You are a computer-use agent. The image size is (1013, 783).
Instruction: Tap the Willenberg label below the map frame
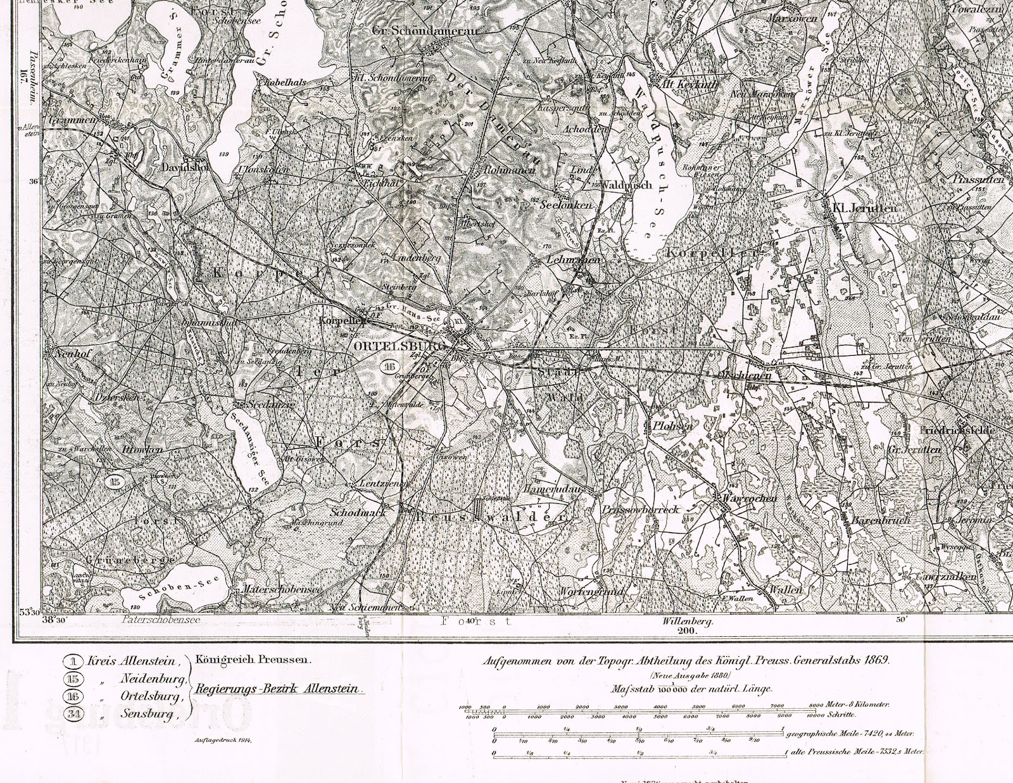687,623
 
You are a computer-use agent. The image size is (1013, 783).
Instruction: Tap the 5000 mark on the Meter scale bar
698,705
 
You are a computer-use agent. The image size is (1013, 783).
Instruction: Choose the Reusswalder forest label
491,517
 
